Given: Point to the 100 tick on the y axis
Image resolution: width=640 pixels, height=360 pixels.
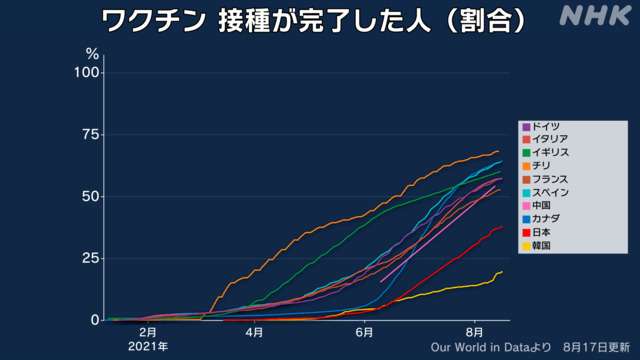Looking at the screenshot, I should (87, 73).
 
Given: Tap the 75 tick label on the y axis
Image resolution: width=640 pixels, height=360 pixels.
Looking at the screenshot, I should (90, 134).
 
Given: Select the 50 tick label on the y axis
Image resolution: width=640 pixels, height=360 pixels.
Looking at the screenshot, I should (90, 196).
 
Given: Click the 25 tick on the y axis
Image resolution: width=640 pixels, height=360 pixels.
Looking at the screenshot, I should (90, 258).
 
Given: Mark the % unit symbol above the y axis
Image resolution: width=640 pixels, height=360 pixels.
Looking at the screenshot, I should (92, 53).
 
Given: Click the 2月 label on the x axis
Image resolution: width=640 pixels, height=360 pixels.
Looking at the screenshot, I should (147, 332).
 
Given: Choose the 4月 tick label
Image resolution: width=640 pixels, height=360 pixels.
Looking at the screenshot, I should (255, 332).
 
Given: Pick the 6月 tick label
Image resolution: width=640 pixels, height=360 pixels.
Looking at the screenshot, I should (364, 332).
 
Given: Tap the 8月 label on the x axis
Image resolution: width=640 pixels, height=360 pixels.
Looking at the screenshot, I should (474, 332).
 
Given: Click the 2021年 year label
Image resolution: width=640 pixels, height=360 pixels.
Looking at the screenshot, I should (147, 346).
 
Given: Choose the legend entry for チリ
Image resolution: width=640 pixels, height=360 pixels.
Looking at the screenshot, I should (541, 165).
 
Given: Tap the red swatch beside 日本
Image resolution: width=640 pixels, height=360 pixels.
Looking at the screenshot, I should (526, 231).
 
